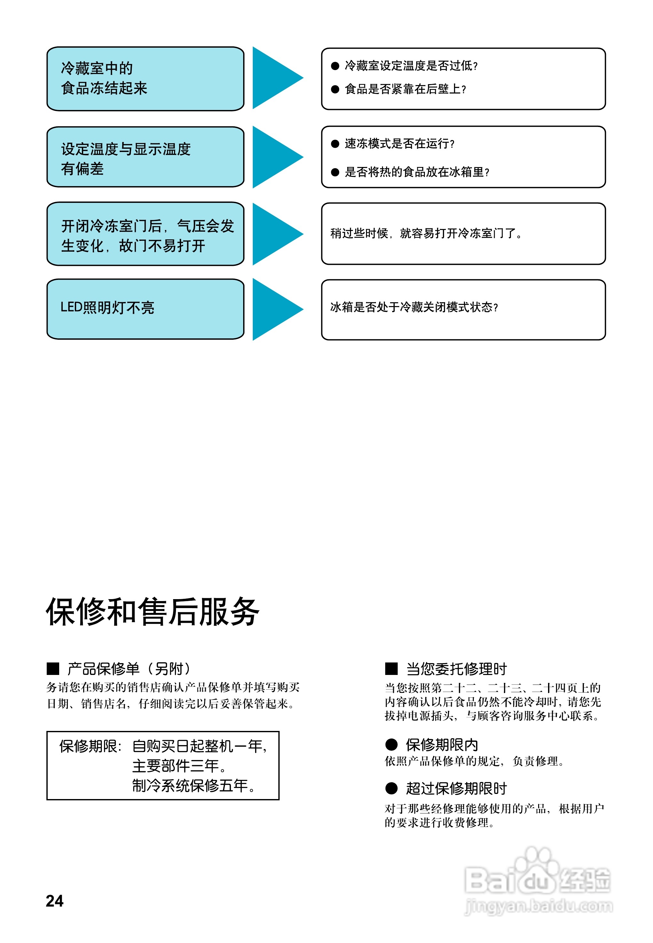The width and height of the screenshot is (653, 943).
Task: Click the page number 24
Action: tap(54, 900)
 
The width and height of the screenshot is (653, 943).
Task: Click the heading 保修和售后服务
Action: tap(152, 612)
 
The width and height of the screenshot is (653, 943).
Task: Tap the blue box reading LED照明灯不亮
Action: tap(145, 309)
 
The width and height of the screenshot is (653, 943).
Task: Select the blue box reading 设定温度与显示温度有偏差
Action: tap(145, 157)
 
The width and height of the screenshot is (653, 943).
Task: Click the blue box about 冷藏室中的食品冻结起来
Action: tap(145, 79)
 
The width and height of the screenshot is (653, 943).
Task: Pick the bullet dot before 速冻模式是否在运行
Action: tap(335, 144)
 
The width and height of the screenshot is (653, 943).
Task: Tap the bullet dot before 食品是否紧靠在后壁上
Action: tap(335, 89)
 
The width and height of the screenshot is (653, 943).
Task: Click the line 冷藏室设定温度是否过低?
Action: tap(411, 66)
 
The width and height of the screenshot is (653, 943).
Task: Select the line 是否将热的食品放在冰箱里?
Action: tap(417, 172)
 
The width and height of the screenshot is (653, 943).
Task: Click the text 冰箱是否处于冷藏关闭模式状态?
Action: tap(414, 307)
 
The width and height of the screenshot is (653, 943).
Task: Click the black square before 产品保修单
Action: tap(53, 669)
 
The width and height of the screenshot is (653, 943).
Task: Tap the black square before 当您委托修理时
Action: tap(391, 669)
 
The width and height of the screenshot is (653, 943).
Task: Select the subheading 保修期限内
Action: tap(442, 745)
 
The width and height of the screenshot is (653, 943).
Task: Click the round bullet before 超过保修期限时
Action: tap(391, 788)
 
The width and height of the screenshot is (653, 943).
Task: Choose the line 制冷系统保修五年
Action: tap(194, 786)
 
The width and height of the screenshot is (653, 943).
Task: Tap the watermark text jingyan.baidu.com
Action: tap(538, 906)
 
